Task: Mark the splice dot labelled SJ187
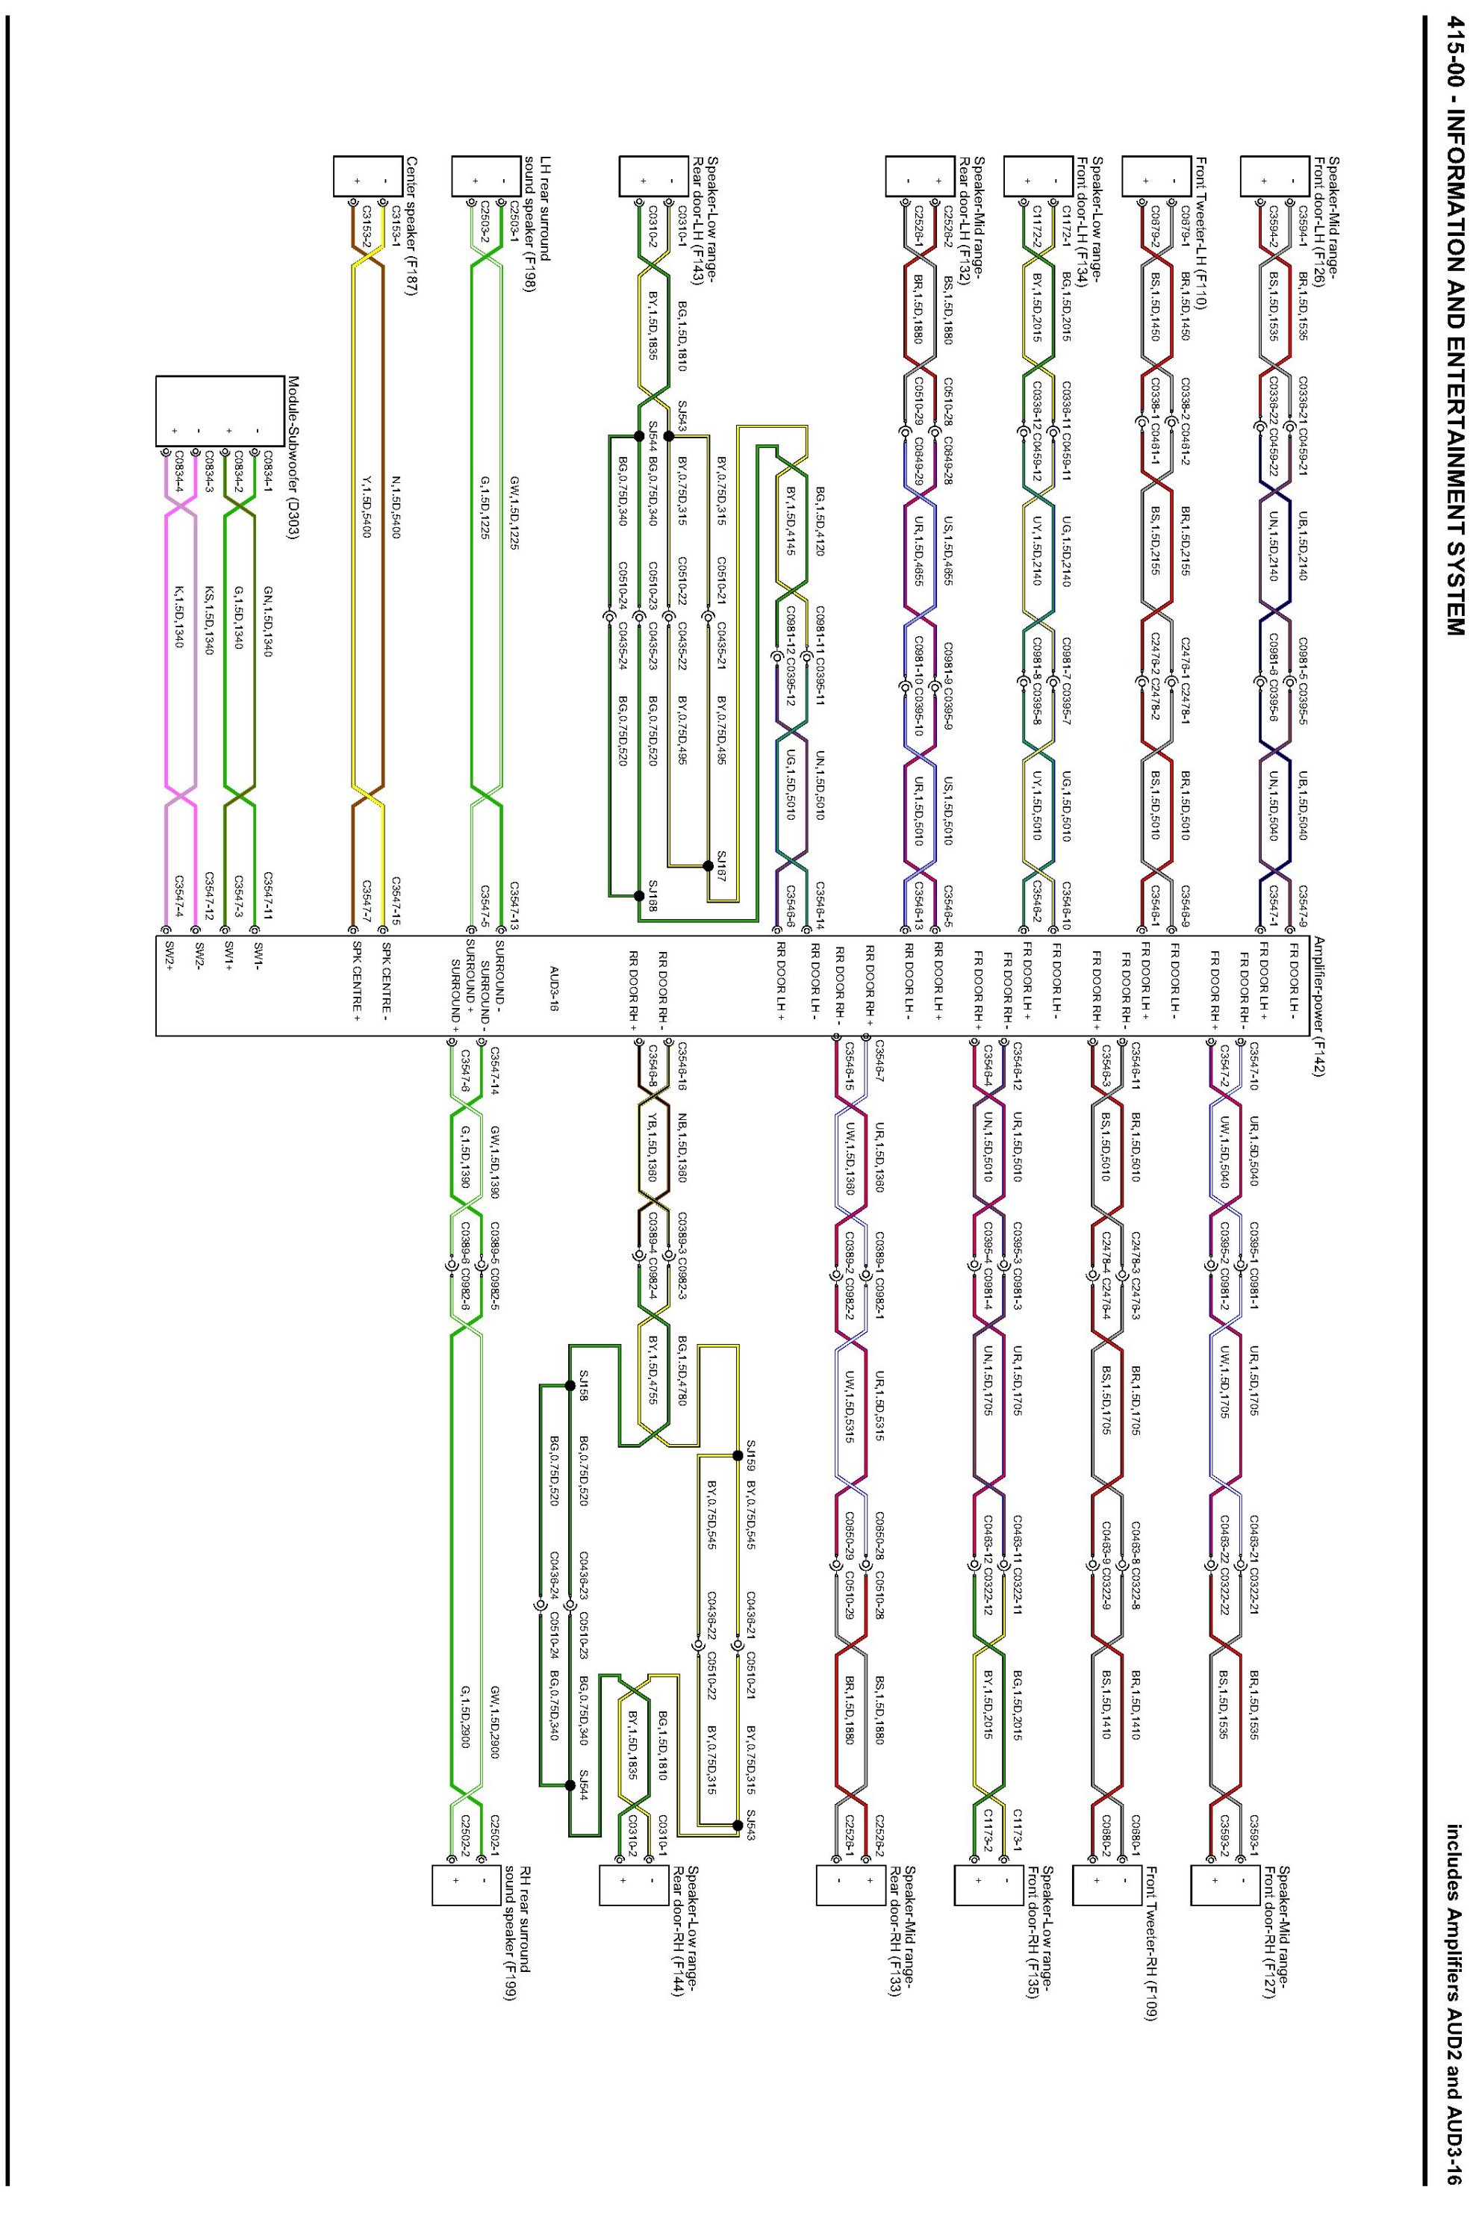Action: pos(708,865)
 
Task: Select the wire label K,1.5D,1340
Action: pos(180,617)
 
